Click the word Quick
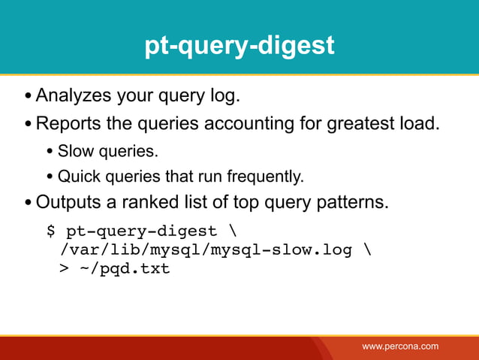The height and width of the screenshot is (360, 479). [x=76, y=177]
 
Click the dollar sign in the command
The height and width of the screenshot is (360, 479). [x=52, y=231]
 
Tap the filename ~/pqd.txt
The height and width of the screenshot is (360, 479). [x=125, y=268]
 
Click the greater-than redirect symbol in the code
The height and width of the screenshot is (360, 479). [x=64, y=268]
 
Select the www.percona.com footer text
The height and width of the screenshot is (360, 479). [x=400, y=346]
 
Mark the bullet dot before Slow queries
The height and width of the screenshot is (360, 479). [x=50, y=152]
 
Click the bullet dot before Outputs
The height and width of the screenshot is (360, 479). [x=28, y=204]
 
